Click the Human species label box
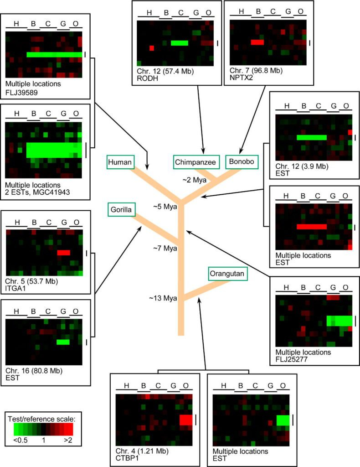point(120,161)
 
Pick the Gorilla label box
point(120,210)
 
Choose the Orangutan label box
point(227,274)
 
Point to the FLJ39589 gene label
point(22,91)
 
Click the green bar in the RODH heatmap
point(180,43)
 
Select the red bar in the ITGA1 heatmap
point(63,253)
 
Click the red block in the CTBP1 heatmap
point(186,420)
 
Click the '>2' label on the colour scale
point(66,441)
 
